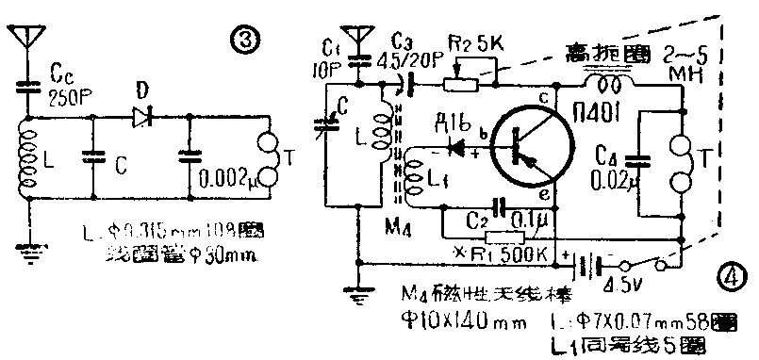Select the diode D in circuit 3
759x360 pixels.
[143, 117]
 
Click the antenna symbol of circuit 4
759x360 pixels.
[357, 39]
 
